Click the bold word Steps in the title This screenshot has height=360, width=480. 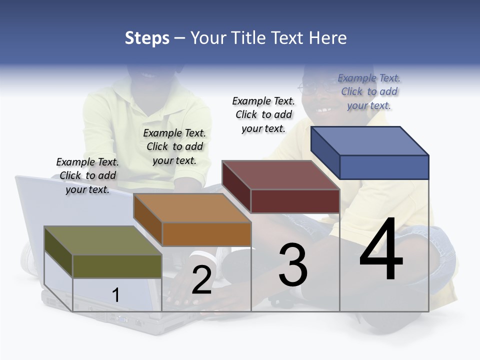147,38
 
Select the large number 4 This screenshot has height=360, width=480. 381,249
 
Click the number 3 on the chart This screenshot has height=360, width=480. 293,265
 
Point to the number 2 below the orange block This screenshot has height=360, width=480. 201,280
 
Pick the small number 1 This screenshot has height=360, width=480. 116,295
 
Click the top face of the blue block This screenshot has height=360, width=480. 370,140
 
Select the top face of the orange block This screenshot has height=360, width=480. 192,208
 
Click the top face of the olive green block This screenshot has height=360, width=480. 103,240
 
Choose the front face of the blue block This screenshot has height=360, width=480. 384,167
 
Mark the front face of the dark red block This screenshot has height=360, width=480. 295,201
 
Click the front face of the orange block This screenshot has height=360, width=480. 206,234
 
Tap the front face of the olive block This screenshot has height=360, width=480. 117,266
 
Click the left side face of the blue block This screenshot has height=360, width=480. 325,152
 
